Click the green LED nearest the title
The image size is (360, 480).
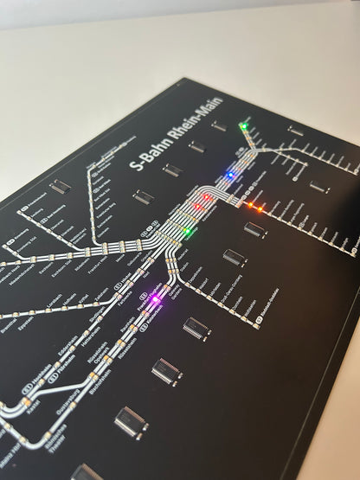tap(243, 127)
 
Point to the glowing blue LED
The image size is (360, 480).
tap(229, 176)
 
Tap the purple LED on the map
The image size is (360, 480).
tap(156, 300)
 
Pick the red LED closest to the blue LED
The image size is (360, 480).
tap(208, 197)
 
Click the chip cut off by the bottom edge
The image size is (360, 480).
tap(87, 472)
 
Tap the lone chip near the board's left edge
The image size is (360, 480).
tap(58, 186)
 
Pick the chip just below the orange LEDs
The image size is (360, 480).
tap(254, 229)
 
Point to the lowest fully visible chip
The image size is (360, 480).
tap(131, 422)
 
